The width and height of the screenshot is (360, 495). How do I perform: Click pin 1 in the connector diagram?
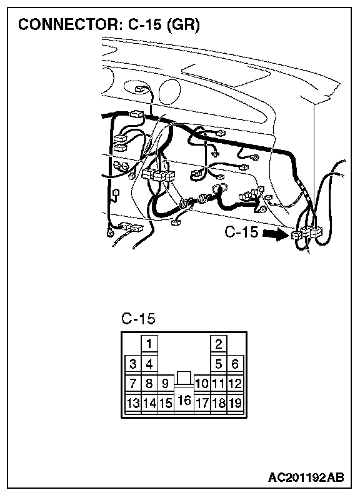pyautogui.click(x=149, y=344)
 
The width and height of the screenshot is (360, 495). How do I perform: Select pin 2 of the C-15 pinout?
pyautogui.click(x=219, y=344)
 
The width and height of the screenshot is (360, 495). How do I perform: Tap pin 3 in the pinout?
pyautogui.click(x=133, y=364)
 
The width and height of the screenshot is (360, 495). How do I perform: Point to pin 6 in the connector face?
pyautogui.click(x=235, y=364)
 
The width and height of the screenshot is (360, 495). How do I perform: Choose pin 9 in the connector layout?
pyautogui.click(x=166, y=383)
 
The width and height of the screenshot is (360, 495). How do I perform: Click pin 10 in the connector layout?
pyautogui.click(x=202, y=383)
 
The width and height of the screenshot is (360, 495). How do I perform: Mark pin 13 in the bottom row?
pyautogui.click(x=133, y=403)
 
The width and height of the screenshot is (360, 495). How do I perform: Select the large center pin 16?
pyautogui.click(x=184, y=400)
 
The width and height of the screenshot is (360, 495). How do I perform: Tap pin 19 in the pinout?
pyautogui.click(x=235, y=403)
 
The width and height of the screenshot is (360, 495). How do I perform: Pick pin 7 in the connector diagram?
pyautogui.click(x=133, y=383)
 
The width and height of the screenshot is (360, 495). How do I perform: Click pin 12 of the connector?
pyautogui.click(x=235, y=383)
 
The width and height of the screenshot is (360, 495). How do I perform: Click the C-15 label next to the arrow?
pyautogui.click(x=242, y=232)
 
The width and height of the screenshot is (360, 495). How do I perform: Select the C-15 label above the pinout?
pyautogui.click(x=138, y=319)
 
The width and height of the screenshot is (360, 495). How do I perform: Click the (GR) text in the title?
pyautogui.click(x=183, y=24)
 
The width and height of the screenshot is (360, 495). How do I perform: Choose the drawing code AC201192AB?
pyautogui.click(x=306, y=477)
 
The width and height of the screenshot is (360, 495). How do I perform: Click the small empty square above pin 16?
pyautogui.click(x=184, y=377)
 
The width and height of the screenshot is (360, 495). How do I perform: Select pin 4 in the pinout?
pyautogui.click(x=149, y=364)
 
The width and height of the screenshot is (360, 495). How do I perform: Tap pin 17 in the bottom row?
pyautogui.click(x=202, y=403)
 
